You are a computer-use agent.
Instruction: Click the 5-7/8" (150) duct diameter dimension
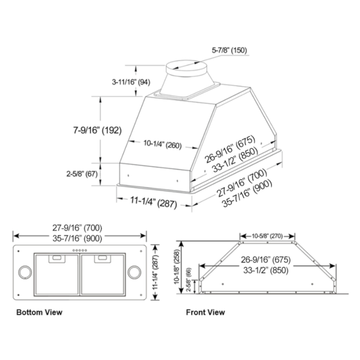(229, 50)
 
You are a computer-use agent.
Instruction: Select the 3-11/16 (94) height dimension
(131, 81)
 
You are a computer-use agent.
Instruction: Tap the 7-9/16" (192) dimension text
(98, 130)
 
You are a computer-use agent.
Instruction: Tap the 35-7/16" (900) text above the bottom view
(80, 238)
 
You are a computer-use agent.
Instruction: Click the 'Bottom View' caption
(39, 312)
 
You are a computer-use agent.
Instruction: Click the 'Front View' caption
(205, 312)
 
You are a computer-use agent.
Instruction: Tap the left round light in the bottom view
(24, 272)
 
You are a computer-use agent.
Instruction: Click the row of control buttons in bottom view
(80, 250)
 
